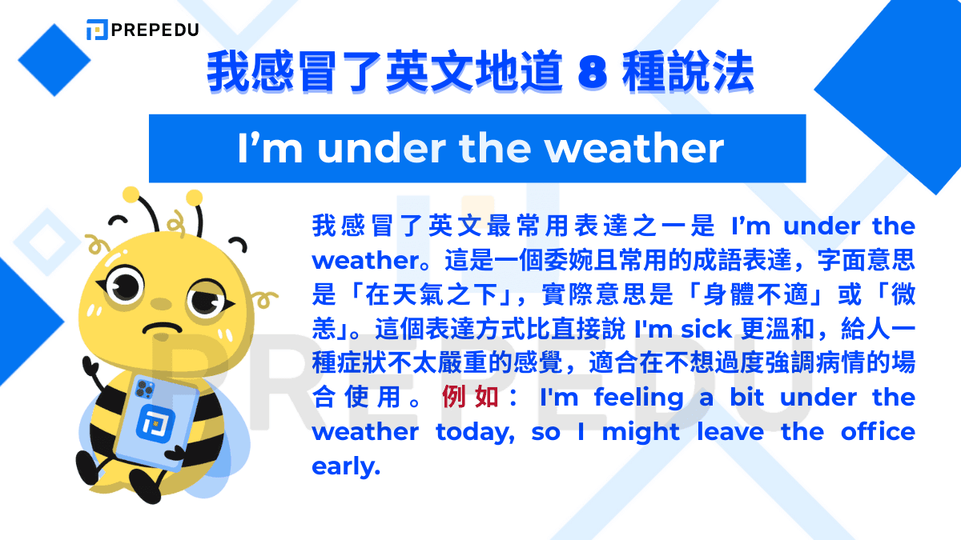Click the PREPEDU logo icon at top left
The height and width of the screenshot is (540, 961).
click(96, 30)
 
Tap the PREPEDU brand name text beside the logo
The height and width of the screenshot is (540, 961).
click(155, 30)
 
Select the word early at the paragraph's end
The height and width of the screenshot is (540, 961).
click(345, 466)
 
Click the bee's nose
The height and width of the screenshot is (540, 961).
click(161, 305)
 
